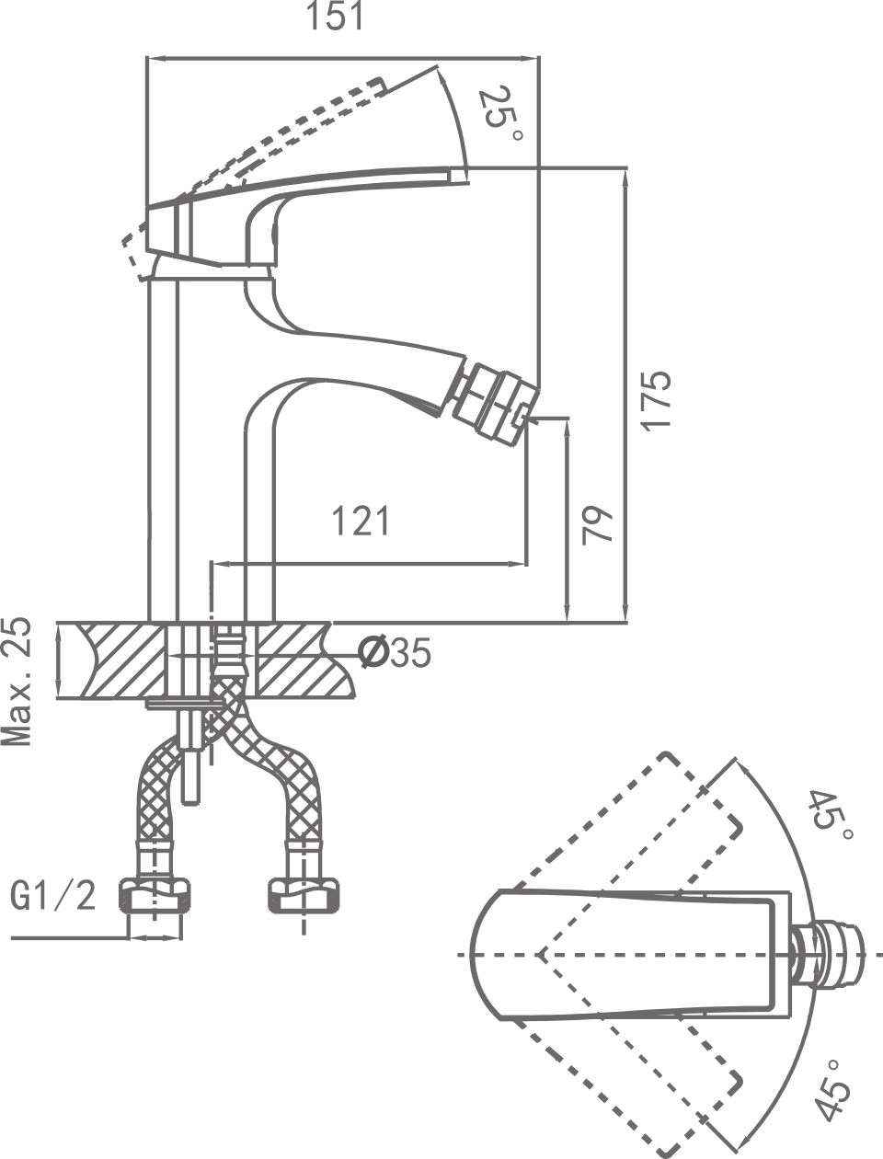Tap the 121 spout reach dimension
click(x=361, y=522)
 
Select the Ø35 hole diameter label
click(x=394, y=653)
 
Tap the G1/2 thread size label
click(x=53, y=894)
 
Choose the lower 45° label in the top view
click(x=831, y=1085)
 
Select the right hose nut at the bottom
click(x=303, y=893)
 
